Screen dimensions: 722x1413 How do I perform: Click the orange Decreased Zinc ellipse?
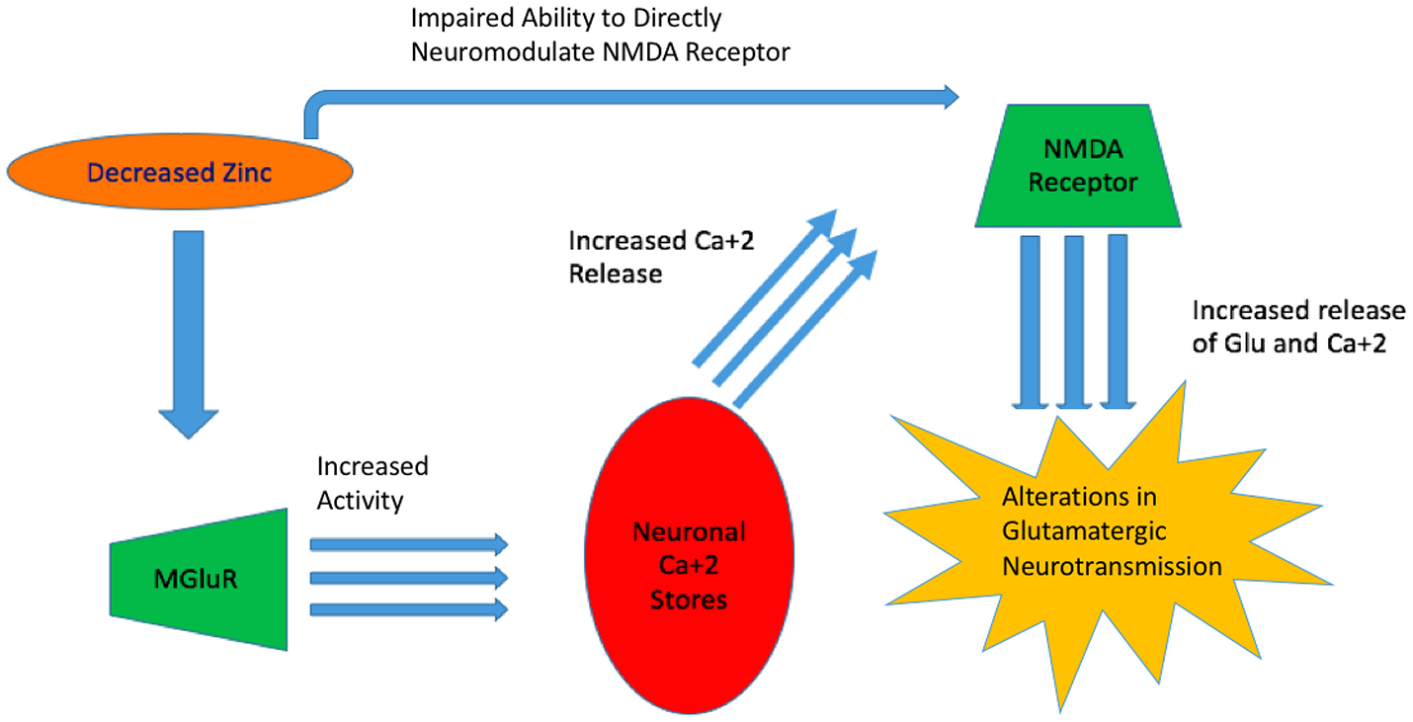coord(179,173)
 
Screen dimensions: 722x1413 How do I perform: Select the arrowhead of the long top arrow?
coord(951,96)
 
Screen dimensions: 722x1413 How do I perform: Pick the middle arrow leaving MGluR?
coord(408,577)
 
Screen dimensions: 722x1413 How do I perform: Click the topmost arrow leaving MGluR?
coord(408,544)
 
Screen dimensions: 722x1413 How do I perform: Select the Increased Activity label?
coord(372,482)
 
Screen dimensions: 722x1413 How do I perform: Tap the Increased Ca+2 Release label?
coord(661,256)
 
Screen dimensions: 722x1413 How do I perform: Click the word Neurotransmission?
coord(1112,566)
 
